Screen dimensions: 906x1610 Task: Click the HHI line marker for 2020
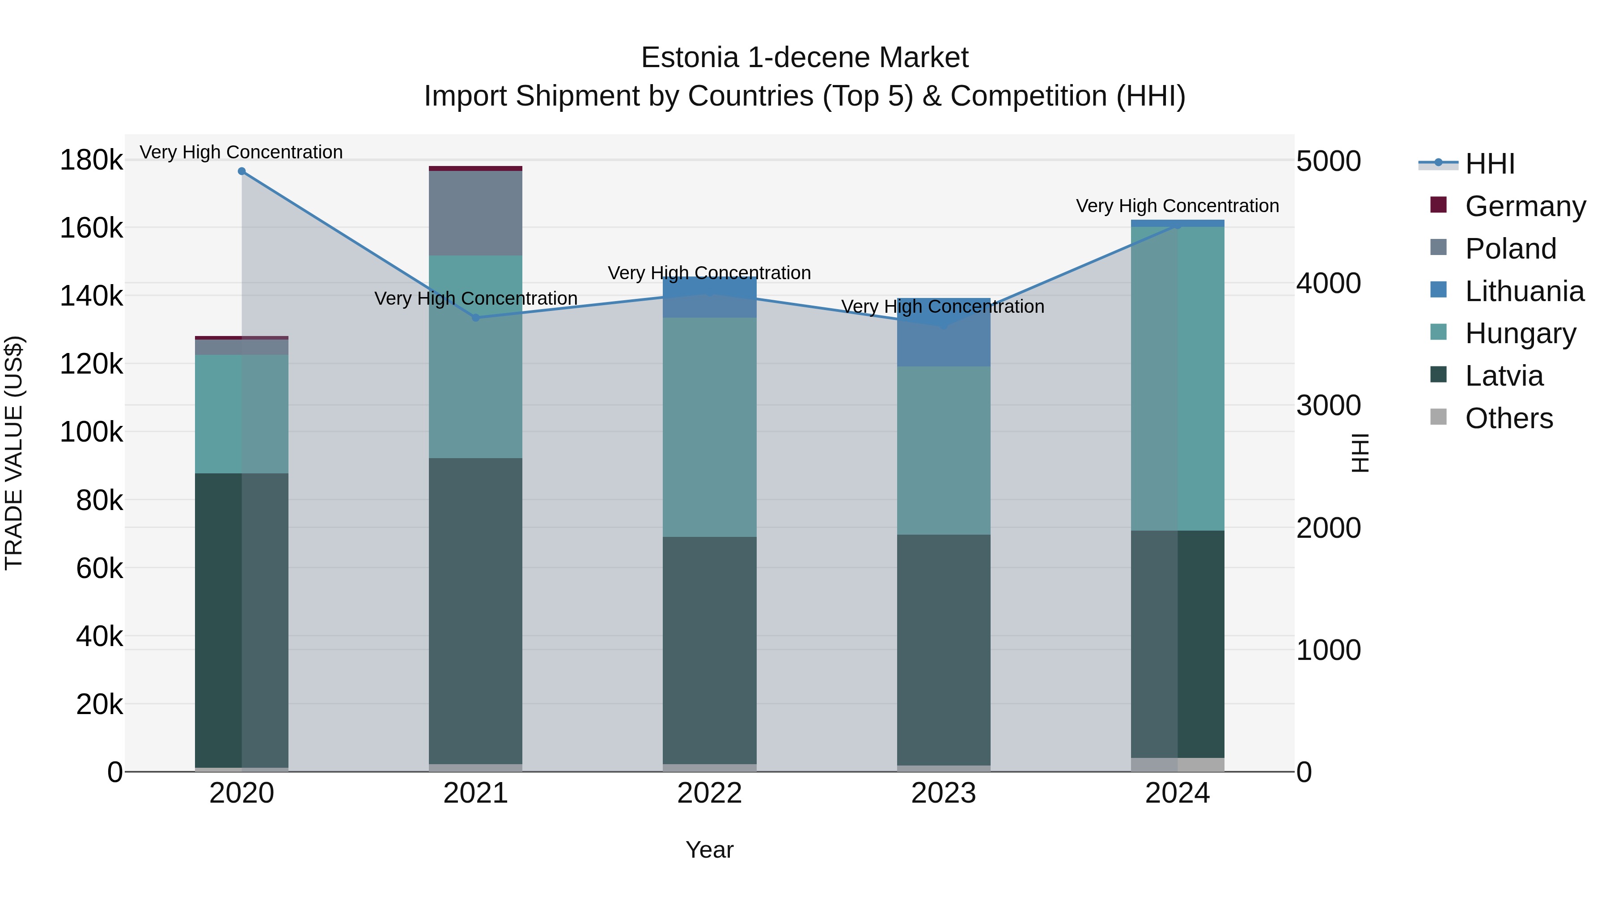pyautogui.click(x=242, y=171)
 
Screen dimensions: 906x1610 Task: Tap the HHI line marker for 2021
pyautogui.click(x=476, y=318)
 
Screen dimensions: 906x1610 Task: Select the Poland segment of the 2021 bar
pyautogui.click(x=476, y=213)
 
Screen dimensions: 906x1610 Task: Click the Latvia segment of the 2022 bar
pyautogui.click(x=709, y=650)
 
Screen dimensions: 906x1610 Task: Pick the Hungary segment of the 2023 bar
pyautogui.click(x=944, y=450)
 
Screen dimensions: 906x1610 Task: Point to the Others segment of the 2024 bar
pyautogui.click(x=1178, y=765)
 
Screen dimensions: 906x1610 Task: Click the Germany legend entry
pyautogui.click(x=1525, y=206)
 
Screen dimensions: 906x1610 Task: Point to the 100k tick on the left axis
pyautogui.click(x=91, y=431)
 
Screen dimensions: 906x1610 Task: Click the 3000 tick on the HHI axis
pyautogui.click(x=1328, y=406)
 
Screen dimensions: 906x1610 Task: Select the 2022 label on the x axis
pyautogui.click(x=709, y=793)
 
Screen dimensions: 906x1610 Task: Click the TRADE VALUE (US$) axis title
pyautogui.click(x=14, y=453)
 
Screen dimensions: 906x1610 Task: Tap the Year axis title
pyautogui.click(x=709, y=850)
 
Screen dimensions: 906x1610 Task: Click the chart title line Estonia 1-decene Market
pyautogui.click(x=805, y=58)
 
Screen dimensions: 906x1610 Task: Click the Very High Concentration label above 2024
pyautogui.click(x=1177, y=206)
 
